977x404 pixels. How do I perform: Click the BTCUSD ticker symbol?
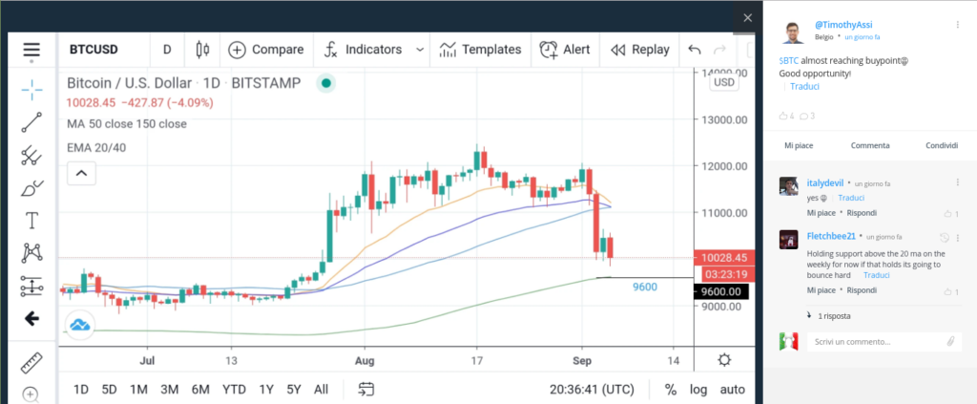tap(94, 50)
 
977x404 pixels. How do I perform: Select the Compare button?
tap(266, 50)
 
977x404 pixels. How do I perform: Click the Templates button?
tap(480, 50)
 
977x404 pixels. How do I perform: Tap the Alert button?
tap(565, 50)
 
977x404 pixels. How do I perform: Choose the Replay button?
tap(640, 50)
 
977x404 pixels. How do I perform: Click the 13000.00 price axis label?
tap(723, 119)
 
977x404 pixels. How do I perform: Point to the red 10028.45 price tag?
tap(724, 258)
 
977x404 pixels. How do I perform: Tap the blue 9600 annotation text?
tap(645, 287)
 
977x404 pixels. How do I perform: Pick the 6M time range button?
tap(200, 390)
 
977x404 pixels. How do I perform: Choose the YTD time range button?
tap(235, 390)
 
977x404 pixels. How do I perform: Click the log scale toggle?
tap(697, 390)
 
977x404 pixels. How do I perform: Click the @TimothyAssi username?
tap(843, 25)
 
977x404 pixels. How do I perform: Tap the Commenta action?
tap(870, 145)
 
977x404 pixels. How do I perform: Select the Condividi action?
tap(942, 145)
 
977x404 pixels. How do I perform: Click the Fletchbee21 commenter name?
tap(831, 236)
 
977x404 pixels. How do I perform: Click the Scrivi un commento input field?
tap(876, 342)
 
